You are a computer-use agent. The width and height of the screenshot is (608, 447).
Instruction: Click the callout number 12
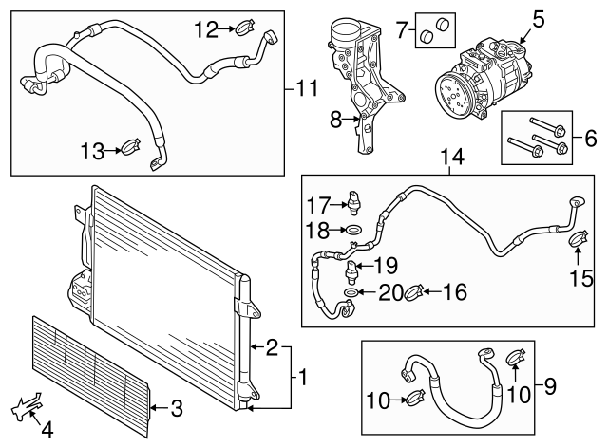coord(206,29)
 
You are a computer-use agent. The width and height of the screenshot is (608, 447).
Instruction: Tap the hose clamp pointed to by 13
coord(130,147)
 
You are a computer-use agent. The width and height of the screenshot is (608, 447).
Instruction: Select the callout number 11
coord(307,88)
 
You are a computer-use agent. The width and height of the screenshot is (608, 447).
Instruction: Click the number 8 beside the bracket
coord(335,120)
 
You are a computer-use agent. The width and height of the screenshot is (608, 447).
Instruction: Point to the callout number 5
coord(538,19)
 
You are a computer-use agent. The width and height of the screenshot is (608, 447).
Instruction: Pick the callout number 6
coord(590,139)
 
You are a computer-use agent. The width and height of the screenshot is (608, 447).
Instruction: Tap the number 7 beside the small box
coord(402,29)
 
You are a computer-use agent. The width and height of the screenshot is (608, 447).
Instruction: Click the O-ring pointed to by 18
coord(353,230)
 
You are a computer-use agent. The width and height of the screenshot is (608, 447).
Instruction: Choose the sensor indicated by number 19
coord(351,271)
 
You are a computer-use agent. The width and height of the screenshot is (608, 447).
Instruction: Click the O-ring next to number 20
coord(350,292)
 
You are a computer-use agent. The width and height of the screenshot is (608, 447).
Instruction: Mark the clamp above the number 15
coord(579,238)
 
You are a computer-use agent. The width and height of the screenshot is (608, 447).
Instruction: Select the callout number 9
coord(550,386)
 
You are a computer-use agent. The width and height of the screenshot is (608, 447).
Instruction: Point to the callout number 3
coord(177,408)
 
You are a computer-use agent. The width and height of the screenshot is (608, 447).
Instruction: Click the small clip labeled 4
coord(27,406)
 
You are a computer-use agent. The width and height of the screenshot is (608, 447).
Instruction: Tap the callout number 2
coord(272,347)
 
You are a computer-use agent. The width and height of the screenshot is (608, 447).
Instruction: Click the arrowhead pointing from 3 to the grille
coord(152,407)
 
